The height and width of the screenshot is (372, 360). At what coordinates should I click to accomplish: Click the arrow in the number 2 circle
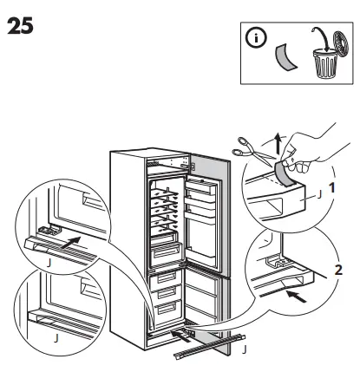point(297,297)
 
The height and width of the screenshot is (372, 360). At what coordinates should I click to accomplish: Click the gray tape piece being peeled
point(284,172)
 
